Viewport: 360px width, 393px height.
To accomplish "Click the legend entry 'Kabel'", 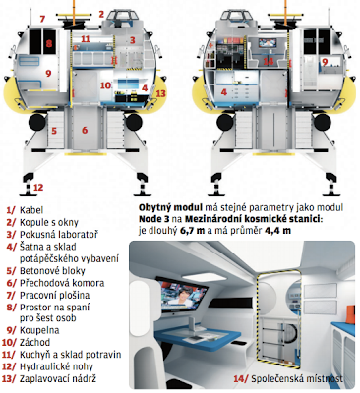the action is [31, 210].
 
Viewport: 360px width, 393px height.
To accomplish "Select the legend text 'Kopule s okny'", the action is [49, 223].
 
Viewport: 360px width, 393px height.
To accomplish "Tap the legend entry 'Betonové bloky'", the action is [52, 271].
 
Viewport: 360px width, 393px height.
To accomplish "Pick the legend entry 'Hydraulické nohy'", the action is [56, 366].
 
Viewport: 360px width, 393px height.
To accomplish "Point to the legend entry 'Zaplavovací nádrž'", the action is [58, 379].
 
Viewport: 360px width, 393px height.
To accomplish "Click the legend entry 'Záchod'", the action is [35, 343].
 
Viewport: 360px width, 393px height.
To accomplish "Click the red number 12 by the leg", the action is [38, 188].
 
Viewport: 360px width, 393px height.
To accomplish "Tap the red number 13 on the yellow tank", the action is [160, 93].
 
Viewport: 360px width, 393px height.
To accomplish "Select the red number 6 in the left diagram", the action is [85, 130].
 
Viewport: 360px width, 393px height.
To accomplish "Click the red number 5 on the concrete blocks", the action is [54, 131].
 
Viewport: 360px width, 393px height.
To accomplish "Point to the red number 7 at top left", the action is [42, 19].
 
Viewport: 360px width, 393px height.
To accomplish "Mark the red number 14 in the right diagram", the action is [269, 61].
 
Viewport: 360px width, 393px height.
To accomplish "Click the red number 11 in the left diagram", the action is [86, 39].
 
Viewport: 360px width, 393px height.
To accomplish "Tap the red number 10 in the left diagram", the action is [105, 85].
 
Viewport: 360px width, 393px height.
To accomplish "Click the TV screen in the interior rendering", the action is [181, 295].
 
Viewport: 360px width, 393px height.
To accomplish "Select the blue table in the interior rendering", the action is [187, 337].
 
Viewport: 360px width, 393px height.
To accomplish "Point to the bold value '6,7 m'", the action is [192, 231].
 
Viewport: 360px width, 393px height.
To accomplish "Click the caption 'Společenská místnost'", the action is [297, 379].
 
